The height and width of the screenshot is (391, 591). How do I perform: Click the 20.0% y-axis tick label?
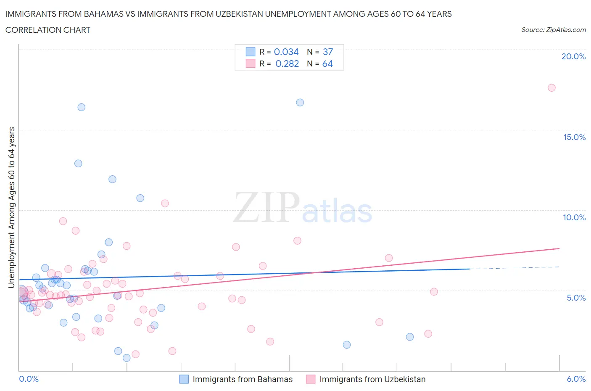click(x=573, y=57)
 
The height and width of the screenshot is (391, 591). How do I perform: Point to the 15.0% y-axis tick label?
click(x=574, y=137)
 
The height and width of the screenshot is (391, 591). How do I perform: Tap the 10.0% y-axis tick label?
click(x=574, y=217)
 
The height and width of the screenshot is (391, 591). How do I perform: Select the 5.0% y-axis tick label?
click(x=576, y=298)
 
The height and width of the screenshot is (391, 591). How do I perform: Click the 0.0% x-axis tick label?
click(x=29, y=379)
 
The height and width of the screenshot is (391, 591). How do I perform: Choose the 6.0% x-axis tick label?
click(x=576, y=379)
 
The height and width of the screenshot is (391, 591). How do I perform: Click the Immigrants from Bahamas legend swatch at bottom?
click(x=184, y=379)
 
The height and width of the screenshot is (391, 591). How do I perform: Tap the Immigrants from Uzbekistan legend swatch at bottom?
click(x=311, y=379)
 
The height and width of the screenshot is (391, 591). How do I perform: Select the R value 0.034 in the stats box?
click(x=286, y=52)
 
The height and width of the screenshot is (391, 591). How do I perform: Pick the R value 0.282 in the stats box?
click(x=287, y=63)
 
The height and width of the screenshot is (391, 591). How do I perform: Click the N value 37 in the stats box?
click(x=328, y=52)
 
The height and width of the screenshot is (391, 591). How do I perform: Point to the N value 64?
click(x=327, y=63)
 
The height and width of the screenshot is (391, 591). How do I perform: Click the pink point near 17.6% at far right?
click(x=551, y=88)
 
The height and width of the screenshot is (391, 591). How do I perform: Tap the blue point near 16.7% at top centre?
click(x=300, y=103)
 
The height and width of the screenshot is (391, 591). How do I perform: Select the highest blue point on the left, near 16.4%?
click(x=82, y=107)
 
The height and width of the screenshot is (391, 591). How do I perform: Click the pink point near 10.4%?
click(x=165, y=203)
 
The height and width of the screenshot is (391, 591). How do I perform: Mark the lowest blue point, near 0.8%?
click(x=127, y=358)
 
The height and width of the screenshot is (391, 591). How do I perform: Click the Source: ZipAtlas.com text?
click(x=553, y=30)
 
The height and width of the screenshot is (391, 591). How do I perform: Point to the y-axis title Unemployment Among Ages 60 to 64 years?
click(x=11, y=207)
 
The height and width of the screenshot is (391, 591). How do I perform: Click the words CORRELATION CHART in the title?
click(x=48, y=30)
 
